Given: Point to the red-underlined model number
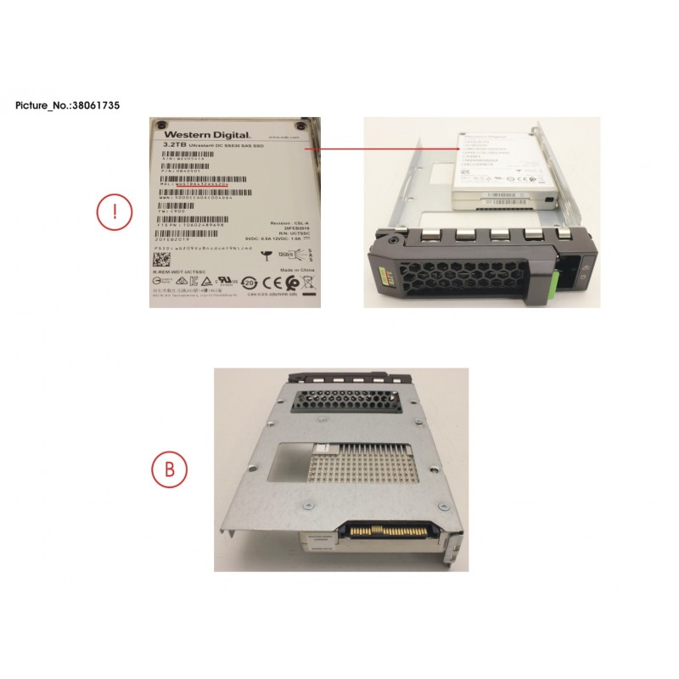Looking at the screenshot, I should [202, 182].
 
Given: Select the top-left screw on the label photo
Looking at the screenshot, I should [160, 126].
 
